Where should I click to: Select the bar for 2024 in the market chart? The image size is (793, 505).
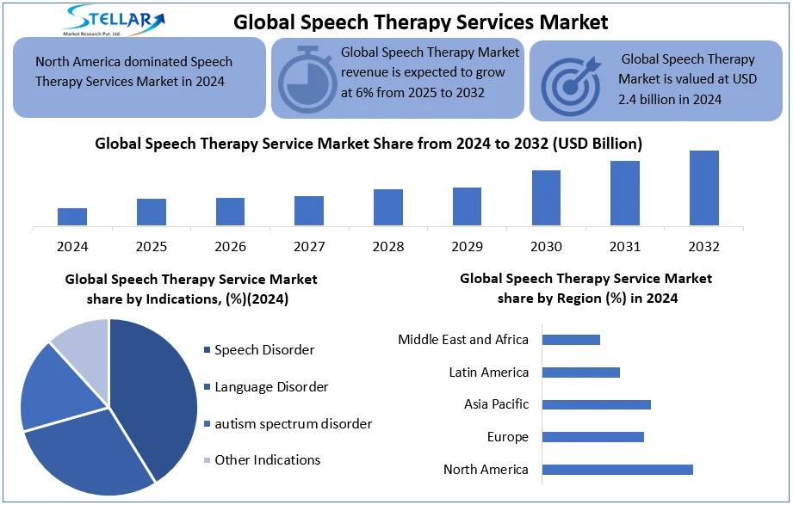[x=72, y=217]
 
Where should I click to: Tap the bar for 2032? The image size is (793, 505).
[x=703, y=188]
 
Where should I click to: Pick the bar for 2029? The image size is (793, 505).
[x=467, y=206]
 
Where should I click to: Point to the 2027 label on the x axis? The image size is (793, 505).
[x=309, y=247]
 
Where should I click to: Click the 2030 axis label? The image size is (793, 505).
[x=546, y=247]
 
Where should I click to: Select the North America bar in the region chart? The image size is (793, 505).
[x=617, y=469]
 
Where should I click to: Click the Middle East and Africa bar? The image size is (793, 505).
[x=571, y=340]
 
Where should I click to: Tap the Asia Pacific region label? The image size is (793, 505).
[x=496, y=404]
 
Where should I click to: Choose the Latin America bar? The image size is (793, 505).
[x=581, y=372]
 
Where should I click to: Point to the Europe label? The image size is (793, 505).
[x=507, y=437]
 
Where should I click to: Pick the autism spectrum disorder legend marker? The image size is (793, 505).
[x=207, y=424]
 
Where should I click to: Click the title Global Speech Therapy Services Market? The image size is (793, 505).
[x=421, y=22]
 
